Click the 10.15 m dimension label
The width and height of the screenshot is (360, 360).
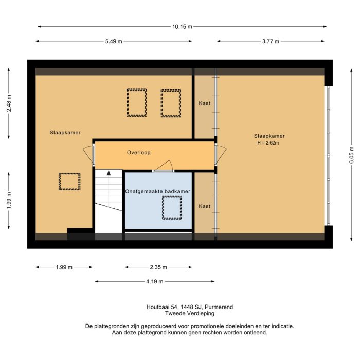click(x=182, y=27)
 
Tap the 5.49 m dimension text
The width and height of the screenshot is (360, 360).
click(x=114, y=42)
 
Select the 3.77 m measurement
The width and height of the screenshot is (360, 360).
click(x=271, y=42)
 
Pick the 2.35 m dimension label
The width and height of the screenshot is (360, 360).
click(x=159, y=267)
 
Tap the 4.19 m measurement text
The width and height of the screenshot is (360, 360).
click(x=155, y=281)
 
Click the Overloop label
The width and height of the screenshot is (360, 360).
click(x=138, y=153)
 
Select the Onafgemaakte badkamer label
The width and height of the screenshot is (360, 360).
click(x=158, y=191)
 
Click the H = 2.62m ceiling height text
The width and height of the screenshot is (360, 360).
click(x=268, y=143)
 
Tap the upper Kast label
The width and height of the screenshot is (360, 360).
click(x=204, y=103)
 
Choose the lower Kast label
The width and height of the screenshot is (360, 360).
click(x=204, y=206)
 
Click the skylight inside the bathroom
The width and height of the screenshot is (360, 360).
click(x=172, y=207)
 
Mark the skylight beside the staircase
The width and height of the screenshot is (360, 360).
click(x=69, y=182)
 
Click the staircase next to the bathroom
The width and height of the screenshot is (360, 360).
click(x=108, y=201)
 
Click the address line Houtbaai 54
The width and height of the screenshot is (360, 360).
click(x=190, y=307)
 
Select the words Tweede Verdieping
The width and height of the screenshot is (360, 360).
click(x=190, y=313)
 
